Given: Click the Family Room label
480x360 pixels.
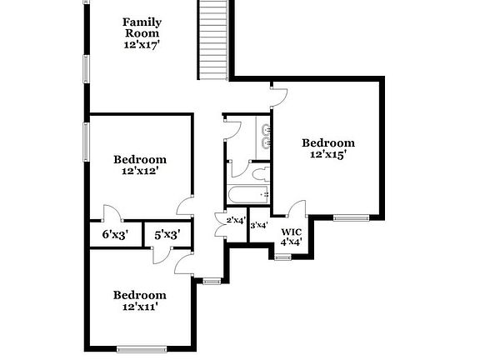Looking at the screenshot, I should point(142,27).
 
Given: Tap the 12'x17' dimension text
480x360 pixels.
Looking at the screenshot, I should point(142,46).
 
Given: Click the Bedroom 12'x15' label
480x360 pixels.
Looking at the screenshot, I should point(327,142).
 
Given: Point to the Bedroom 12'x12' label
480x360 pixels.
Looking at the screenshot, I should point(140,159).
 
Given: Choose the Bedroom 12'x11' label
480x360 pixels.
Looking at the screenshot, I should point(140,295).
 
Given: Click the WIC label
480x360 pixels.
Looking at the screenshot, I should point(291,232).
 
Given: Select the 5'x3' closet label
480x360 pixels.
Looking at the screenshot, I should point(167,236).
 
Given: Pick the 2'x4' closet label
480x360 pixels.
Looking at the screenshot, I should point(236,221).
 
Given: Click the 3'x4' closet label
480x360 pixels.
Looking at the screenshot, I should point(258,225).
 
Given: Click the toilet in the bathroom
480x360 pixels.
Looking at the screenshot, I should point(260,173).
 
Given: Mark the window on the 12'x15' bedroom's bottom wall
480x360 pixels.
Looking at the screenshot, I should point(351,217).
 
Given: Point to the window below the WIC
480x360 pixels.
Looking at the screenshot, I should point(282,257).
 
